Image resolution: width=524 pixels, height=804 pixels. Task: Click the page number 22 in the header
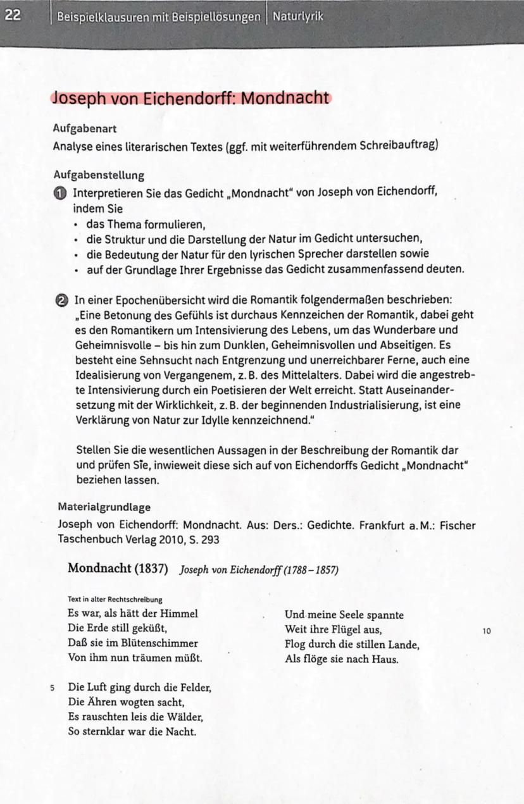tap(12, 16)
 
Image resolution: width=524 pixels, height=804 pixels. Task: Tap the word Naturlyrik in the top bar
tap(298, 16)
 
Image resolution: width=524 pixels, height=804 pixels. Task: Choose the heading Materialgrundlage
tap(104, 507)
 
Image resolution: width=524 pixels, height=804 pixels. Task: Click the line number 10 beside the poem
tap(486, 630)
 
